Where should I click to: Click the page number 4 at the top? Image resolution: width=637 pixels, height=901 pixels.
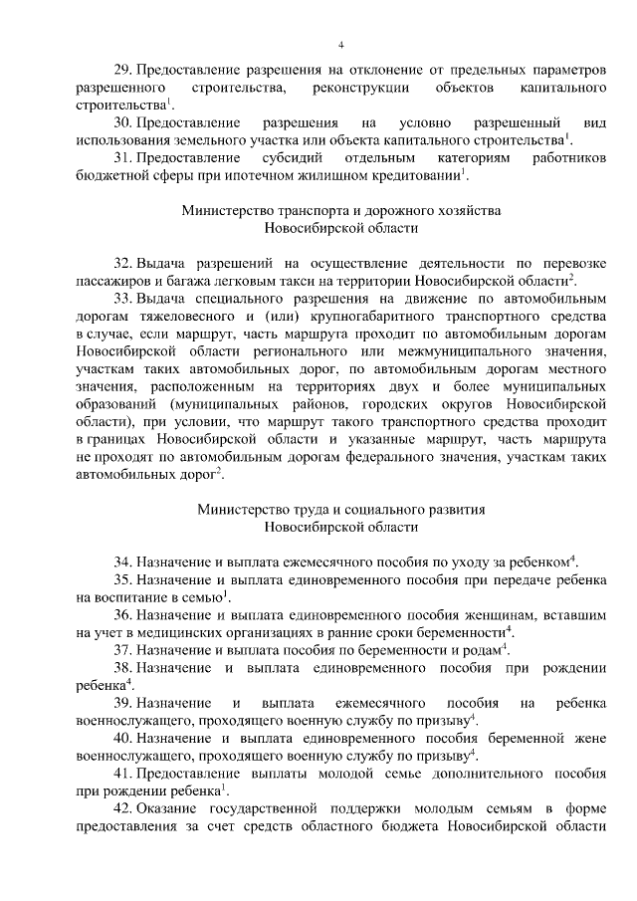click(x=340, y=45)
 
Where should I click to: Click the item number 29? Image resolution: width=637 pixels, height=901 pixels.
click(x=123, y=71)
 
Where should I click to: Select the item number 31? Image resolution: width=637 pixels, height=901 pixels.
click(x=123, y=157)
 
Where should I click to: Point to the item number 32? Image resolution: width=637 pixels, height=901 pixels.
click(x=123, y=263)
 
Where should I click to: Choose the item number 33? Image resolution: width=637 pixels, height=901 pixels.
click(x=123, y=297)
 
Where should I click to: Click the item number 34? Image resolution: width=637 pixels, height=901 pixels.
click(x=123, y=561)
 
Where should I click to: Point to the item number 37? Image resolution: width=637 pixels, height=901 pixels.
click(x=123, y=649)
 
